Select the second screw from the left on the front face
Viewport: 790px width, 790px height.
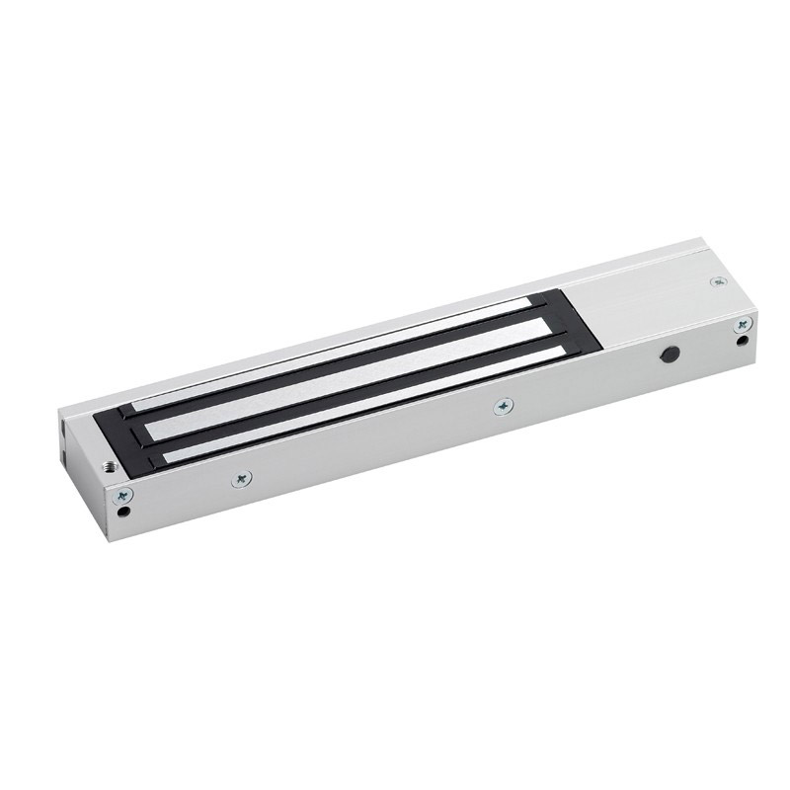coord(243,480)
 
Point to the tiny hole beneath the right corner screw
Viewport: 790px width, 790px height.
coord(742,343)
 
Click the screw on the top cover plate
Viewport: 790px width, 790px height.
coord(717,282)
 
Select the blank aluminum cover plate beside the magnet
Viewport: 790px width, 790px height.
coord(642,296)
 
